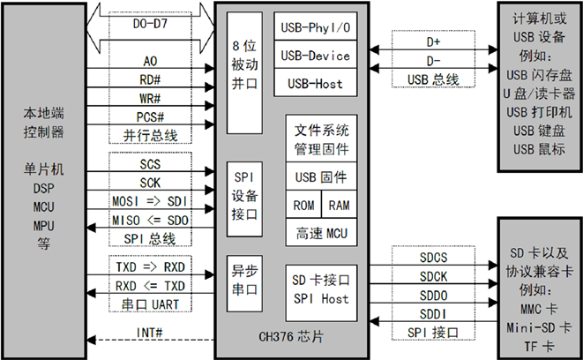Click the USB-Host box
tap(315, 85)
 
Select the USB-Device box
tap(315, 56)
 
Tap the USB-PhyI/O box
tap(315, 27)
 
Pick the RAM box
tap(339, 205)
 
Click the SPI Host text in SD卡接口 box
tap(320, 299)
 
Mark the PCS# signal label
tap(151, 116)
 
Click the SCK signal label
tap(151, 182)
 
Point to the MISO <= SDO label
tap(151, 219)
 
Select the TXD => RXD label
tap(151, 266)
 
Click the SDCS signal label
tap(433, 257)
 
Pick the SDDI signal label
tap(433, 312)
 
